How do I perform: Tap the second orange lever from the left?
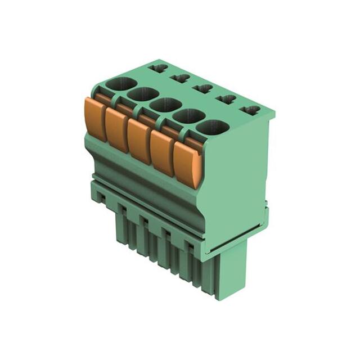point(116,130)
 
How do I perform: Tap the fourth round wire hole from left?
point(187,116)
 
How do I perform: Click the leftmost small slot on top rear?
point(159,68)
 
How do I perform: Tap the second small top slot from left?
point(181,78)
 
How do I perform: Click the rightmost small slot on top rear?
point(251,110)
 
